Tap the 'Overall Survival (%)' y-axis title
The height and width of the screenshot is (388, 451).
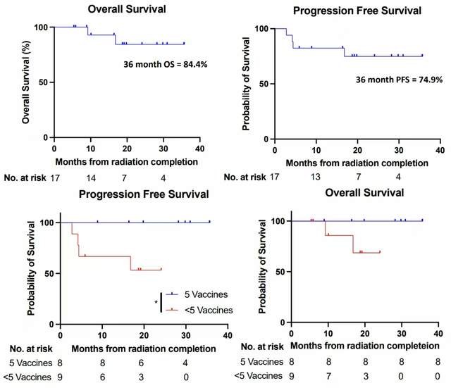point(27,82)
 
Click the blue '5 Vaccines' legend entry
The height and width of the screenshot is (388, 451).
point(194,295)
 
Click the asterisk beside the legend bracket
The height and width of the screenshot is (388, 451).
point(156,302)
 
